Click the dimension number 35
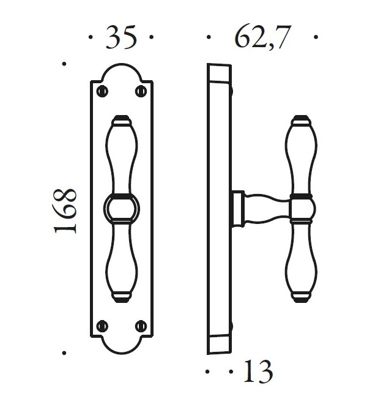tap(120, 37)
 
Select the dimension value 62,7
tap(261, 37)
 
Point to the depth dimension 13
tap(258, 371)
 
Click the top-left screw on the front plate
tap(102, 91)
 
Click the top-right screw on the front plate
tap(141, 91)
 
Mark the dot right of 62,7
tap(316, 37)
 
